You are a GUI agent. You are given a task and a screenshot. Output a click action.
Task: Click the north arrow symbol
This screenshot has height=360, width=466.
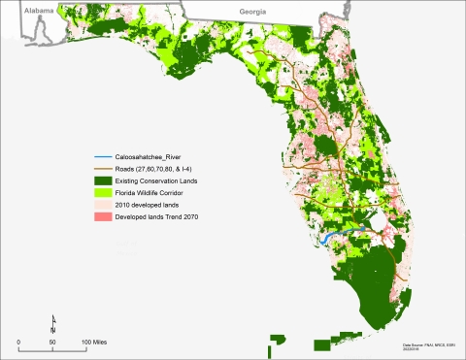point(52,324)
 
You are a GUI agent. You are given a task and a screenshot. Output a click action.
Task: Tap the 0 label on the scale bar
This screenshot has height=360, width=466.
point(18,343)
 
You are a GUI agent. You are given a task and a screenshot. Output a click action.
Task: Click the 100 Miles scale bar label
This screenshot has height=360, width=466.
point(93,343)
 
